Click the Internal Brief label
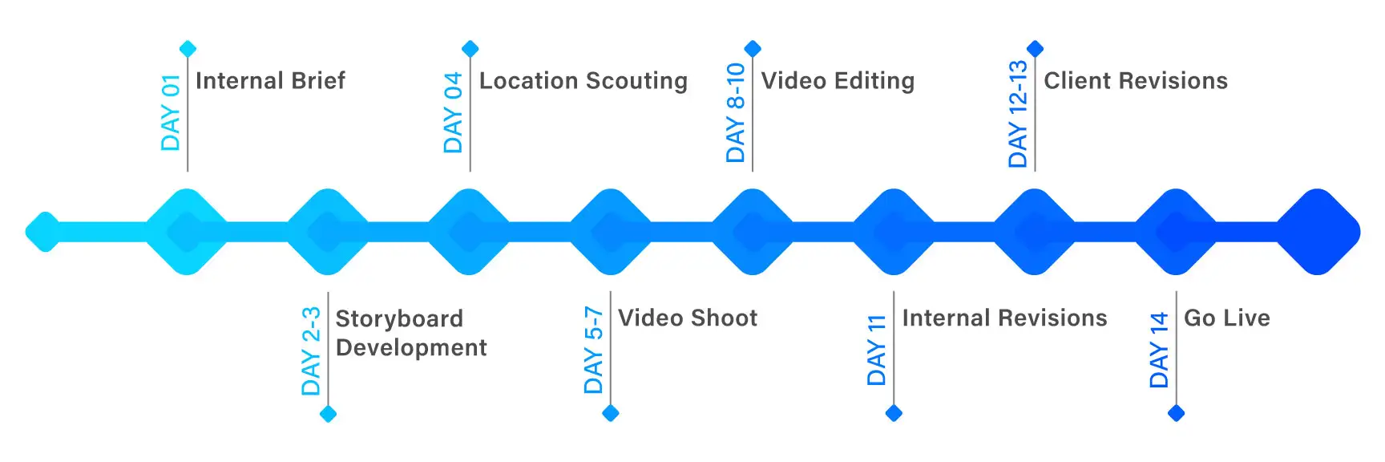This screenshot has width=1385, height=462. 270,81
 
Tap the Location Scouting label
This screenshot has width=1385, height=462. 583,81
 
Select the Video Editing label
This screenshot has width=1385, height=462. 838,81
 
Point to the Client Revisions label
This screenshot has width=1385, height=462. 1135,81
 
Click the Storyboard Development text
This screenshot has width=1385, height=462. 410,333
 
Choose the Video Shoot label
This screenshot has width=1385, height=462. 687,318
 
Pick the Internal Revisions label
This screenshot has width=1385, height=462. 1004,318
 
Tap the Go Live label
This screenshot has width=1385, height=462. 1226,318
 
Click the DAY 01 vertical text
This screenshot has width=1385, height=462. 171,112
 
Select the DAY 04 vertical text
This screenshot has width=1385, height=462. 454,112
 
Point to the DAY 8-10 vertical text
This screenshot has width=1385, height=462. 736,112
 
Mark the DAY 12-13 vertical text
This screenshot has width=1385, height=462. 1018,113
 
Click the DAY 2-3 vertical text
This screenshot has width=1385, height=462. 311,351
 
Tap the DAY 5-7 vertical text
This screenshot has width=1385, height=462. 594,350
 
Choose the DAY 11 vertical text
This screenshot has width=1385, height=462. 877,350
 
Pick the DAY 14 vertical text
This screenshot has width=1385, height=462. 1159,350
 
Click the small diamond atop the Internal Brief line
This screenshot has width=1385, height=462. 188,49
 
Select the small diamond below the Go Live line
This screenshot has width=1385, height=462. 1176,413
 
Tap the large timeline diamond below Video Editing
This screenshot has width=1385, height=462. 752,232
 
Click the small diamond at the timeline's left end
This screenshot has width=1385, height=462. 44,232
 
